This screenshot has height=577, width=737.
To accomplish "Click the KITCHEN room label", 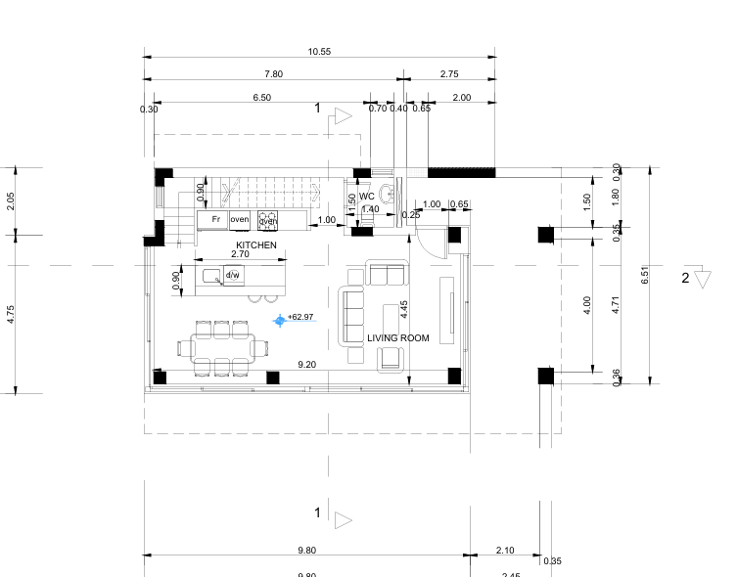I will click(256, 245).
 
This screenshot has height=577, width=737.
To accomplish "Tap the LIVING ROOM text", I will click(398, 338).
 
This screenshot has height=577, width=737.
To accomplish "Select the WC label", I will click(367, 197).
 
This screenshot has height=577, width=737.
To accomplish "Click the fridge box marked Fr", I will click(215, 219).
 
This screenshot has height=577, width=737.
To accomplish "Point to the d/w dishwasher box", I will click(233, 276).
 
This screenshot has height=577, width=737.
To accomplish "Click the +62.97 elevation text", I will click(300, 317).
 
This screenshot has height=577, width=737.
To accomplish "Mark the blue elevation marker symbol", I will click(280, 320).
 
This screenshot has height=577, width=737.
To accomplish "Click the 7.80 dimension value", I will click(274, 74).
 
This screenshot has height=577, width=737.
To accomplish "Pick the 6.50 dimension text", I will click(261, 98).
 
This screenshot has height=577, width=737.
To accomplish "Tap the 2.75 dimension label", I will click(449, 74).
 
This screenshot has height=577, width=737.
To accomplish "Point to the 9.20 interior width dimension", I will click(306, 365).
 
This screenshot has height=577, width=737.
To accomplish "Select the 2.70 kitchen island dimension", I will click(240, 254).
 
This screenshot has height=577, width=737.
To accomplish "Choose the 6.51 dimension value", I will click(644, 276).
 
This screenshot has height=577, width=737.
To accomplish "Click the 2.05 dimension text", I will click(11, 201).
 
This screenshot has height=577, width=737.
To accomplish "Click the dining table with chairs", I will click(223, 347).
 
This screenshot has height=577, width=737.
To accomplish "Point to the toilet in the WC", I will click(389, 192).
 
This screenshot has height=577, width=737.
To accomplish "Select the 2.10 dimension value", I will click(505, 551).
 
